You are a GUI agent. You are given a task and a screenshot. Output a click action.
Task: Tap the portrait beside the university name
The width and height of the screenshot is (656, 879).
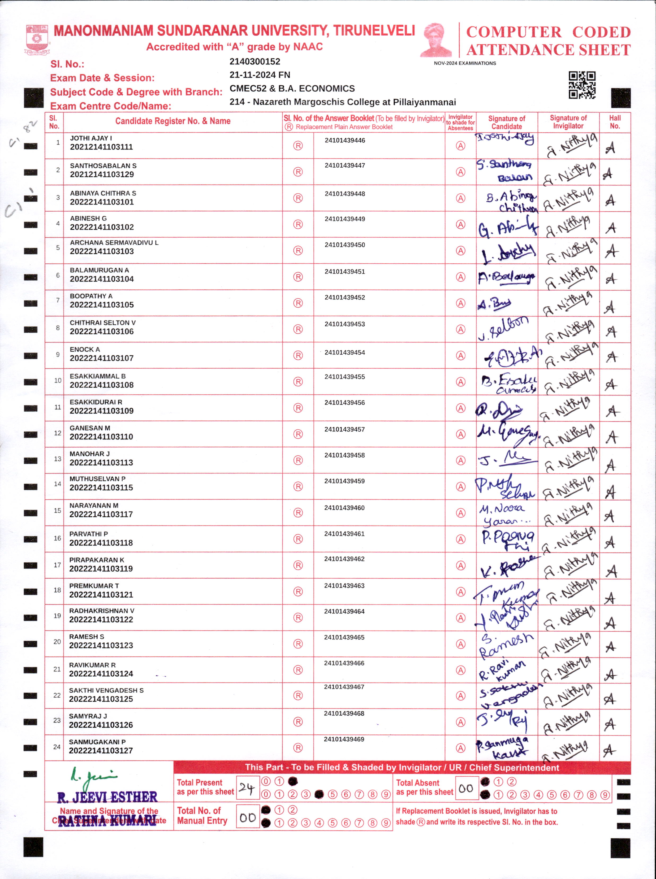[436, 40]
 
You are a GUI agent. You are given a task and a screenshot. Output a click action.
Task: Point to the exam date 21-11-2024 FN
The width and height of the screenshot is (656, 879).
[260, 75]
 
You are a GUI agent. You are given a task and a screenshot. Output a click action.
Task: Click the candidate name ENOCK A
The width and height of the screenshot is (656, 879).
[85, 349]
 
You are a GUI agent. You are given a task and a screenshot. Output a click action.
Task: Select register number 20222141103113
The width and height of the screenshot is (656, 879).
[101, 462]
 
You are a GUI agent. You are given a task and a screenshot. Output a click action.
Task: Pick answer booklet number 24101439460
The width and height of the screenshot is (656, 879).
[344, 508]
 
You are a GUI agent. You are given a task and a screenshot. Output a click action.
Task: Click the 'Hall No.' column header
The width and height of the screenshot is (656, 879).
[614, 122]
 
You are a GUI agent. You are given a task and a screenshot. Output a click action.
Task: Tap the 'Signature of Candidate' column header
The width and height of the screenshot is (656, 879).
[506, 122]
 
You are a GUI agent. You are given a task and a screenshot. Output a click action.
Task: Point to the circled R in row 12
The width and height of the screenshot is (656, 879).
[298, 434]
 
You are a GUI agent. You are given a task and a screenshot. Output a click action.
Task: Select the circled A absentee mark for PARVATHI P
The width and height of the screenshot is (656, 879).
[460, 539]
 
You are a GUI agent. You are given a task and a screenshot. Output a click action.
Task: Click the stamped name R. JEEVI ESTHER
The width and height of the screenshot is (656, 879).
[107, 797]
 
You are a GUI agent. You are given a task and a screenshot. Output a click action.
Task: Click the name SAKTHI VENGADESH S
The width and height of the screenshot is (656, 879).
[106, 690]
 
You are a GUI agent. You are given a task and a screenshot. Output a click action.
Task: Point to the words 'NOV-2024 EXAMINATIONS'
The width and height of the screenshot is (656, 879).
[465, 63]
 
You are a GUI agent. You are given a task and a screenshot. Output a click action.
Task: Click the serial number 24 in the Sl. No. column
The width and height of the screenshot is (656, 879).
[57, 747]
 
